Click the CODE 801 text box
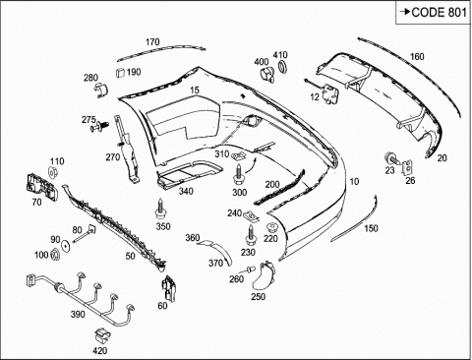433,13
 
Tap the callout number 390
78,314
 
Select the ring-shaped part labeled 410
282,66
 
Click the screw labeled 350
160,209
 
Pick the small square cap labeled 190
120,73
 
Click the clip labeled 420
102,335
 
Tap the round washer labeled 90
66,246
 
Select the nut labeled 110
53,172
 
